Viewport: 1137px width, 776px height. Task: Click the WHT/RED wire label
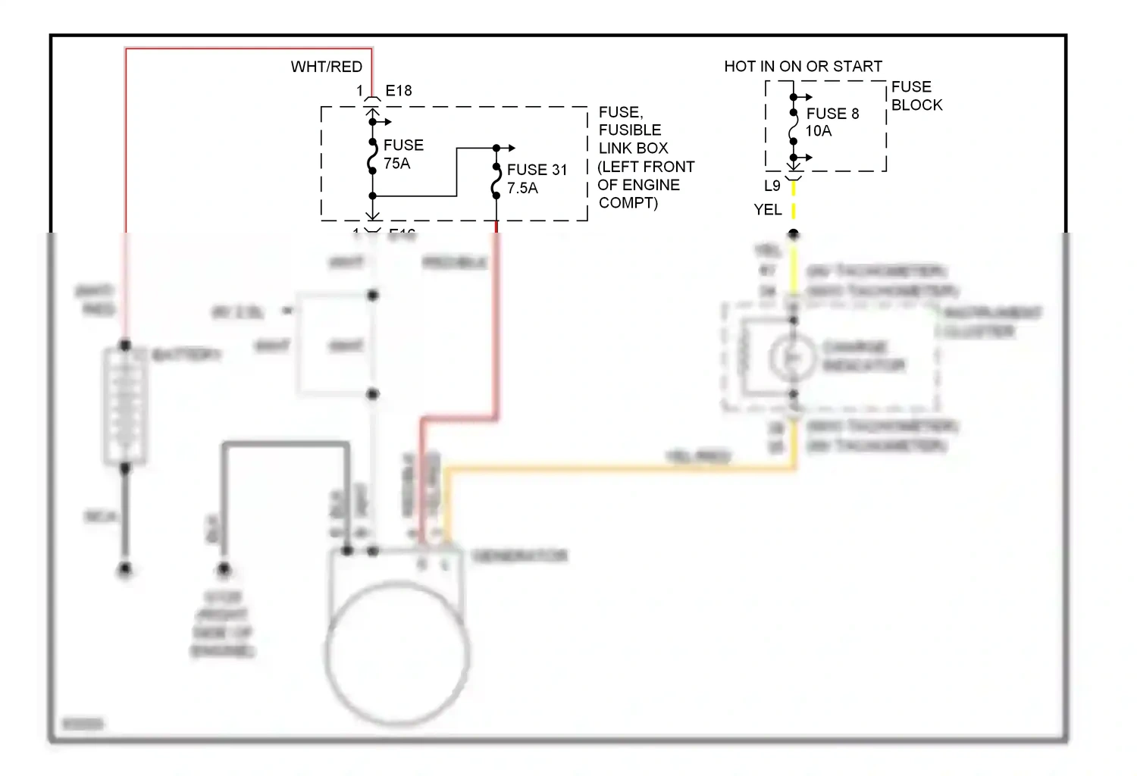326,67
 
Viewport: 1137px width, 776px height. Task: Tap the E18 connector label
399,91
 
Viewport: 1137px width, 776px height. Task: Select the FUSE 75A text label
402,154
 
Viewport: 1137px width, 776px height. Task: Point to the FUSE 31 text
537,170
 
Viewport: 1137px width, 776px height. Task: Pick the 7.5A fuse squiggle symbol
496,181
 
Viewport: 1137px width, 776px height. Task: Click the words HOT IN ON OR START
803,67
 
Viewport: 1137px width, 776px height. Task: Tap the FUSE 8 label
832,114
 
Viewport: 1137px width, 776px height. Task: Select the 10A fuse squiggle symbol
793,127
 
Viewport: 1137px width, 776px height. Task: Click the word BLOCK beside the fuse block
916,105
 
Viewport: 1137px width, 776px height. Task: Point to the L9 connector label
772,186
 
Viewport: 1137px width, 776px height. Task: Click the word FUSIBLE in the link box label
630,130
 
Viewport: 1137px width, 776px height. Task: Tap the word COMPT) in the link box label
628,202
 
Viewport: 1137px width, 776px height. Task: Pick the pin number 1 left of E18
360,91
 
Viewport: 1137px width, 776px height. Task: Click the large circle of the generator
397,652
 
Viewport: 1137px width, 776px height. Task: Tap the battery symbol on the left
125,407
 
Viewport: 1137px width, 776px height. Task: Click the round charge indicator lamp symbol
793,356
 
